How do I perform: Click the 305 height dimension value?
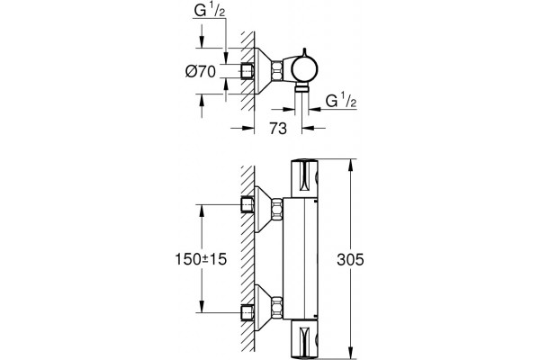pyautogui.click(x=350, y=259)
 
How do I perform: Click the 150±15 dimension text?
pyautogui.click(x=201, y=259)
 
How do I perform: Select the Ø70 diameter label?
pyautogui.click(x=201, y=72)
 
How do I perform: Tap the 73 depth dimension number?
pyautogui.click(x=278, y=129)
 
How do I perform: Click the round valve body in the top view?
pyautogui.click(x=304, y=69)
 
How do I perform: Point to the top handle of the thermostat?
pyautogui.click(x=304, y=178)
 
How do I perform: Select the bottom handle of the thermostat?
pyautogui.click(x=304, y=339)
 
